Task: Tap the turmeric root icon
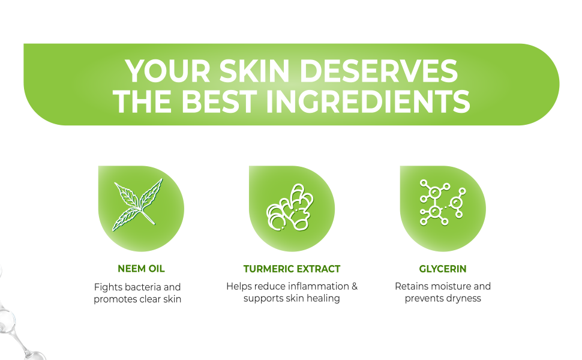(x=290, y=208)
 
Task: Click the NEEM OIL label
(x=141, y=269)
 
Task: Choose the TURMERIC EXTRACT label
(x=292, y=269)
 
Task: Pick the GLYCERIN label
(x=443, y=269)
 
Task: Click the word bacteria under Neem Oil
(x=142, y=287)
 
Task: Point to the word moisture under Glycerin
(x=450, y=286)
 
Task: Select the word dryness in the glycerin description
(x=463, y=298)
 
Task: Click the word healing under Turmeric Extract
(x=323, y=298)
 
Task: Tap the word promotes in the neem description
(x=116, y=299)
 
